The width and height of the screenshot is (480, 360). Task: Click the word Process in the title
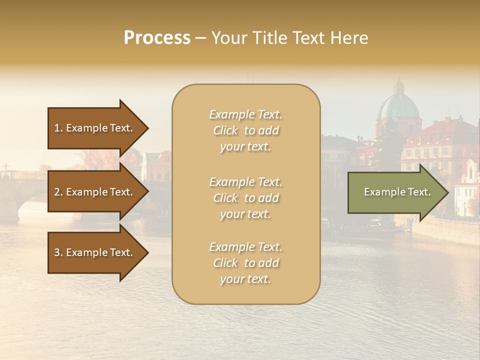[x=157, y=38]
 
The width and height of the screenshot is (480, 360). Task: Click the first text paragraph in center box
[x=245, y=130]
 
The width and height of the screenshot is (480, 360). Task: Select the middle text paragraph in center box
[x=245, y=198]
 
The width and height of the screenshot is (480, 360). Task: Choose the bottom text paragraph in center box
[x=245, y=263]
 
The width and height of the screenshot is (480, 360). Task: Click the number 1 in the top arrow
[x=57, y=128]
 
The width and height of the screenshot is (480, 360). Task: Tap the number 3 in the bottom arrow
[x=57, y=252]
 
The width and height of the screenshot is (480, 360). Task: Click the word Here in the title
[x=350, y=38]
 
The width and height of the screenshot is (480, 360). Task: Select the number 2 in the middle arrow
[x=57, y=192]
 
